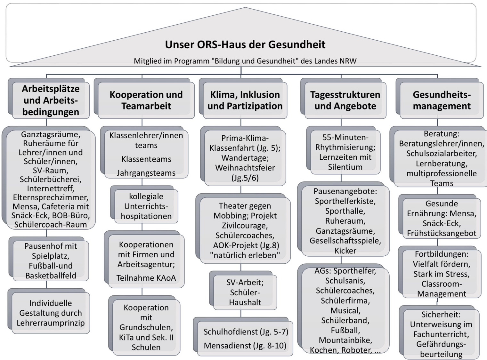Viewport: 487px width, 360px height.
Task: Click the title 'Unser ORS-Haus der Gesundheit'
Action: point(245,44)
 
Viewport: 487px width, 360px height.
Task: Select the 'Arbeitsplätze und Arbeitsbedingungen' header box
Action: point(51,100)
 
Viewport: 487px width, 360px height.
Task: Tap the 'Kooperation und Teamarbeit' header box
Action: point(146,100)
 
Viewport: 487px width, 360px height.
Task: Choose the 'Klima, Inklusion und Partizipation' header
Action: point(245,100)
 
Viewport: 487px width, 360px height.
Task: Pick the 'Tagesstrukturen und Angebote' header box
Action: point(345,100)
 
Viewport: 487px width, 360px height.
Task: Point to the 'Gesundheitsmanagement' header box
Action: point(442,100)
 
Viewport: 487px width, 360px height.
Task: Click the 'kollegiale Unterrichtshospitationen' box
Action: point(146,206)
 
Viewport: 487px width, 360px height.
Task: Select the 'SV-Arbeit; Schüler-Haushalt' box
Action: point(245,292)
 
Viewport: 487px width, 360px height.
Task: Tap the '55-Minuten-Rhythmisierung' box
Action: point(345,152)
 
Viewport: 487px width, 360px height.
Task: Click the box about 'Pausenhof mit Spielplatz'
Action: point(51,260)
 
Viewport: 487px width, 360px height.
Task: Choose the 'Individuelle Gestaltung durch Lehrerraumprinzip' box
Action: point(51,313)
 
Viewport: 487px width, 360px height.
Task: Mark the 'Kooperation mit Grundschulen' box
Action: point(146,327)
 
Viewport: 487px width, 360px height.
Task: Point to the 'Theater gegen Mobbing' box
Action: point(245,230)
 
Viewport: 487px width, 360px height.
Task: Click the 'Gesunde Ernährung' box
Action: point(442,218)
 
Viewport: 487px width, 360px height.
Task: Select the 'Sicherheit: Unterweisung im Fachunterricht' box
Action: point(441,334)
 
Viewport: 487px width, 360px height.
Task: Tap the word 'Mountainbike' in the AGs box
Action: point(345,340)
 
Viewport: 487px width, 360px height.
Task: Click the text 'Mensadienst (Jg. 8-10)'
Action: point(245,346)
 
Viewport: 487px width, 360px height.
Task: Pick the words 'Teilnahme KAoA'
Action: point(146,278)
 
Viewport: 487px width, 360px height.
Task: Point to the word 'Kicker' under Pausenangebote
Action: point(345,251)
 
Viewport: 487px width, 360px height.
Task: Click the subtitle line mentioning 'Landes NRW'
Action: point(245,61)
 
